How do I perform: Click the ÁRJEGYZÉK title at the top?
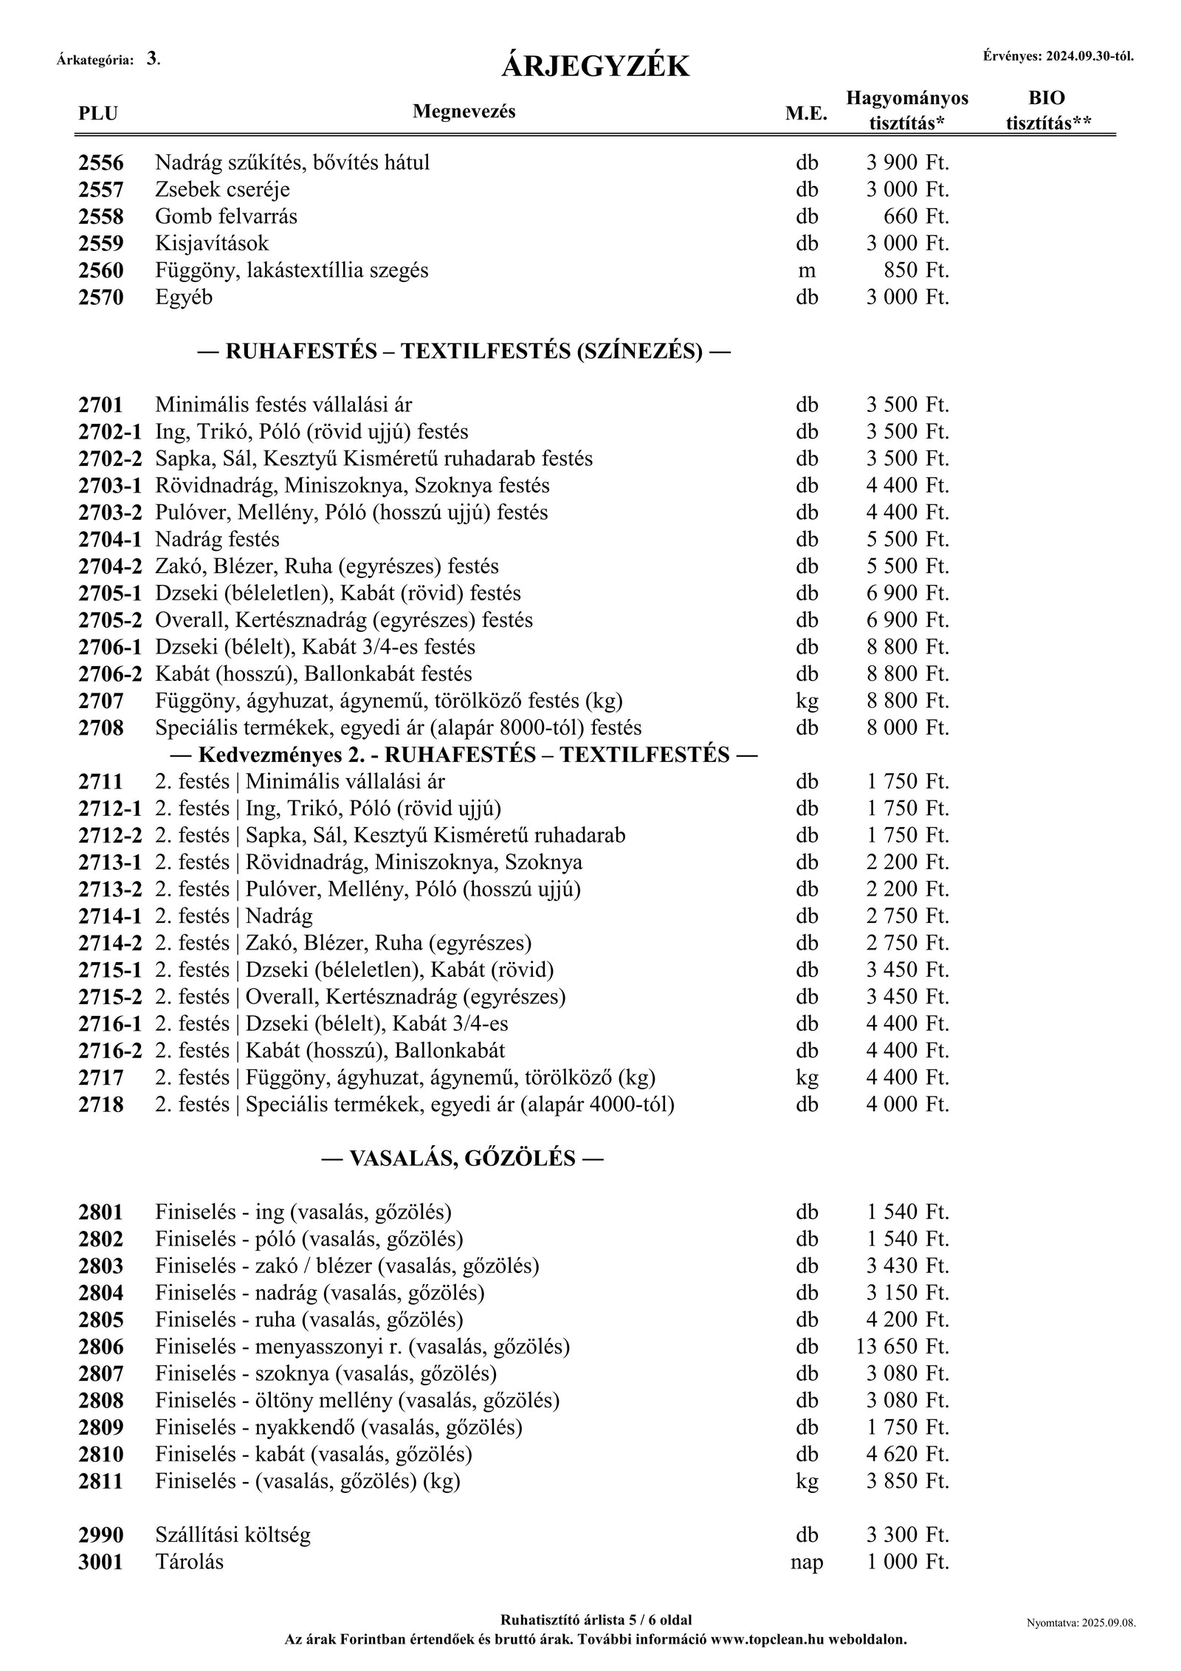pos(595,67)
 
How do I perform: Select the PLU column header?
pos(97,114)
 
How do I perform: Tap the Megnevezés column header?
pos(464,111)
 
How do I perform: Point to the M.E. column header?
pos(807,114)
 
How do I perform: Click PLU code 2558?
pos(101,217)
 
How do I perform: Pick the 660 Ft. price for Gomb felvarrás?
pos(916,217)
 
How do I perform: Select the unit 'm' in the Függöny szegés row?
pos(807,271)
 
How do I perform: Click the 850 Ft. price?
pos(916,271)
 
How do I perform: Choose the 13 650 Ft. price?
pos(903,1347)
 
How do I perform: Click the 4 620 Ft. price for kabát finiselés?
pos(908,1455)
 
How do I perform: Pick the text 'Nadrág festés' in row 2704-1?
pos(217,540)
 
